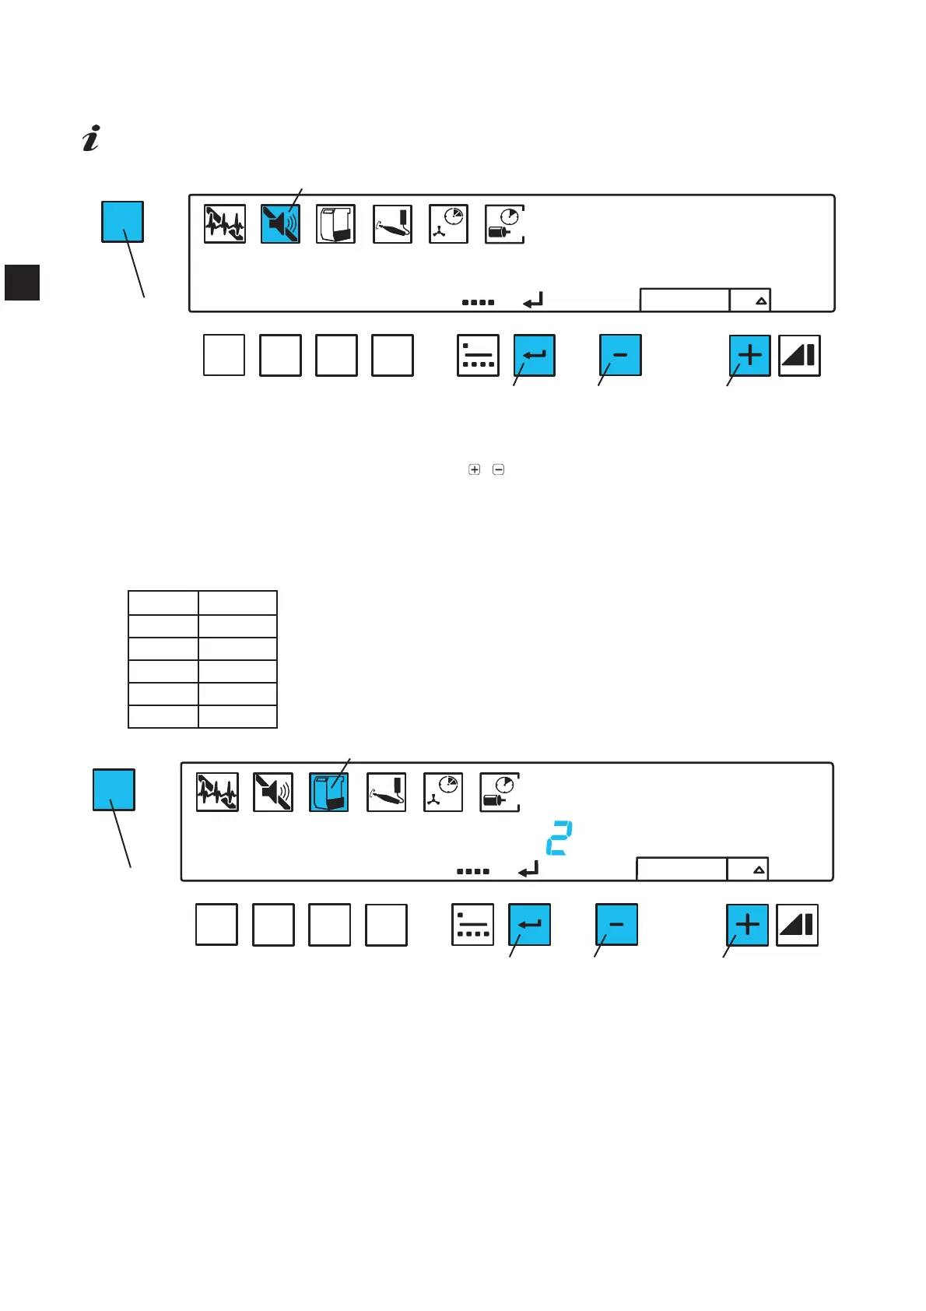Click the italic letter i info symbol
pos(92,138)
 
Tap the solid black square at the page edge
pos(22,282)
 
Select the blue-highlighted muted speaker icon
pos(280,224)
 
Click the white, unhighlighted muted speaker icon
pos(273,793)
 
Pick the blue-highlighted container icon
pos(328,793)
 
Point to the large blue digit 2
pos(559,838)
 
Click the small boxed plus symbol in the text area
pos(474,469)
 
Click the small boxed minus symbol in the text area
pos(499,469)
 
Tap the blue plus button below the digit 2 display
pos(747,925)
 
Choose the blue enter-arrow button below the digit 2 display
pos(529,925)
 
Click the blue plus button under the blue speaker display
pos(749,356)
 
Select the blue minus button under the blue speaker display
pos(620,356)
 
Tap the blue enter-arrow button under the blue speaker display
pos(535,356)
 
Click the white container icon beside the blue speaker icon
pos(336,224)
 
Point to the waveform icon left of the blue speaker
pos(224,224)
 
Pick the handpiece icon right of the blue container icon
pos(386,793)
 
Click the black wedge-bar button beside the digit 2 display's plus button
pos(798,925)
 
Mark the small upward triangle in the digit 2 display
pos(759,870)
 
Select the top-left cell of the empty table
pos(163,603)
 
